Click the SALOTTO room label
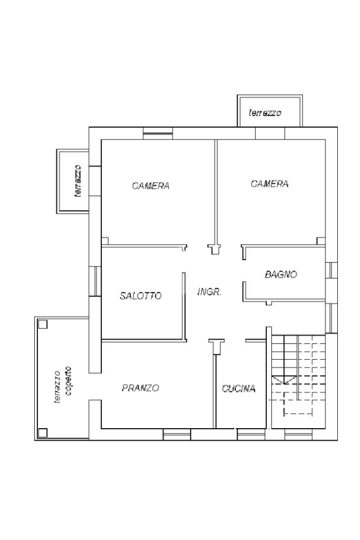141,295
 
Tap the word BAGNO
281,274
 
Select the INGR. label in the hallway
209,292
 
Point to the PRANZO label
141,388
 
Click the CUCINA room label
239,389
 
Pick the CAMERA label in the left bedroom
151,186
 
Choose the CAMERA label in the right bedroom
269,184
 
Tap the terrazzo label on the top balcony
265,113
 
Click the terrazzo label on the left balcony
79,180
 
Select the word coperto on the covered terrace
68,381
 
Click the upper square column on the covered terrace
43,324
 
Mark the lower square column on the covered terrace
43,433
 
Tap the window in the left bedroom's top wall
158,133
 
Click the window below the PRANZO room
177,435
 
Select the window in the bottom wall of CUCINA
251,435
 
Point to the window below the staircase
298,435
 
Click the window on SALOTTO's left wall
95,281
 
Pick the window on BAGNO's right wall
331,270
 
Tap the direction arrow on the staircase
284,380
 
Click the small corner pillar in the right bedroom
321,241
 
